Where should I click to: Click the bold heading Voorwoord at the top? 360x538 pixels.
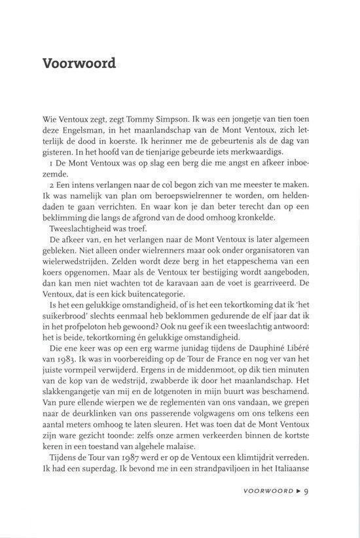pos(79,64)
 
